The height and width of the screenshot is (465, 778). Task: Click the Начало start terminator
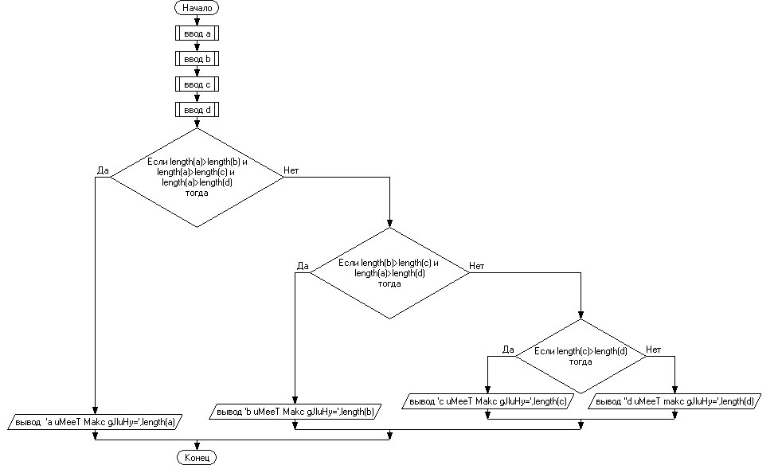pos(196,8)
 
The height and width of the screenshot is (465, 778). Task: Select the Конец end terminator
pos(196,458)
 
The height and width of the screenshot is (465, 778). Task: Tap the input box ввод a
pos(196,33)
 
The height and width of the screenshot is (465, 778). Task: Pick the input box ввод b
pos(196,59)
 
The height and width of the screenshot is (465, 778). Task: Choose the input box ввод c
pos(196,84)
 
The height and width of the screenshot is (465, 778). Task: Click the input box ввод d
pos(196,109)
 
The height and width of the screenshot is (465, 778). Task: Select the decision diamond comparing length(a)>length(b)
pos(196,178)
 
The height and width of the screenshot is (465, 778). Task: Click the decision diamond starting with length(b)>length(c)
pos(389,272)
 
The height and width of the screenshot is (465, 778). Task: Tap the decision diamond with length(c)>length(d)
pos(581,356)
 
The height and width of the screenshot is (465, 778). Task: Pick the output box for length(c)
pos(488,401)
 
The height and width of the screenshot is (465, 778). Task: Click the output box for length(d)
pos(675,401)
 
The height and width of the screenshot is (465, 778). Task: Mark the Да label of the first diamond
pos(103,170)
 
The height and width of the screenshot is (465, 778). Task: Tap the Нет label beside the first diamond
pos(291,170)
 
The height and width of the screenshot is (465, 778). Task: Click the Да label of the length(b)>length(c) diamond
pos(302,265)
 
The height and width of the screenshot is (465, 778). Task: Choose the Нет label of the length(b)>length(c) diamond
pos(477,265)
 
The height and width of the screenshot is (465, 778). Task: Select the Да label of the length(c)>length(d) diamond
pos(510,349)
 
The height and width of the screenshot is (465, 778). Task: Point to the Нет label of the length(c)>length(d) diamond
pos(653,349)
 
